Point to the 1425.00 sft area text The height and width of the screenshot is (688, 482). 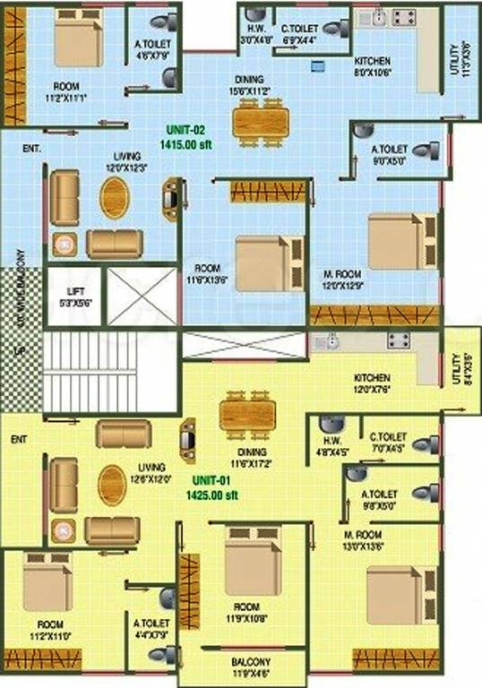212,494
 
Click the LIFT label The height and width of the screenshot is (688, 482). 74,292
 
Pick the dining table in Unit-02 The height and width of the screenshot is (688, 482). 261,122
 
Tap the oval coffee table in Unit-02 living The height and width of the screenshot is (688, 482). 113,197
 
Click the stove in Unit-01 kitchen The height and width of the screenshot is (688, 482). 399,341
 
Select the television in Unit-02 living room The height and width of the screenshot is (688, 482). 170,198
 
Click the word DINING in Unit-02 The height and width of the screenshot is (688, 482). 250,79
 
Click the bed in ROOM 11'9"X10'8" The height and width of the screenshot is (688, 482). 254,562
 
